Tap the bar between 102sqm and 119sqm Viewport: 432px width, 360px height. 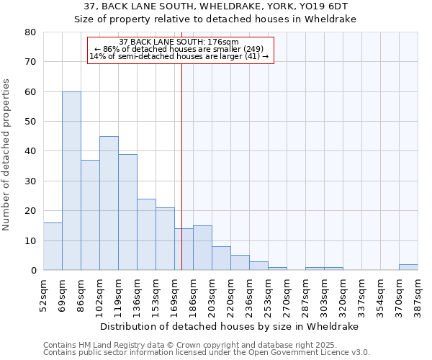pyautogui.click(x=109, y=203)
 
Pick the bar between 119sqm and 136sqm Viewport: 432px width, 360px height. pyautogui.click(x=127, y=212)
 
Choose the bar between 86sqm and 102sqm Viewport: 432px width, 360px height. pyautogui.click(x=90, y=215)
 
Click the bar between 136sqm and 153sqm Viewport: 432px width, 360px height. pyautogui.click(x=146, y=235)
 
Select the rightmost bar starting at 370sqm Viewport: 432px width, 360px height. pyautogui.click(x=408, y=267)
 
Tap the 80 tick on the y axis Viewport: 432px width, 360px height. pyautogui.click(x=30, y=32)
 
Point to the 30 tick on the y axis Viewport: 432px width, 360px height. pyautogui.click(x=30, y=181)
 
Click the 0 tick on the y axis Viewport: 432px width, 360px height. pyautogui.click(x=33, y=271)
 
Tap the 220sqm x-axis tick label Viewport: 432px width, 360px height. pyautogui.click(x=230, y=295)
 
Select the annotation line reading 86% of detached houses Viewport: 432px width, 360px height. pyautogui.click(x=180, y=49)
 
